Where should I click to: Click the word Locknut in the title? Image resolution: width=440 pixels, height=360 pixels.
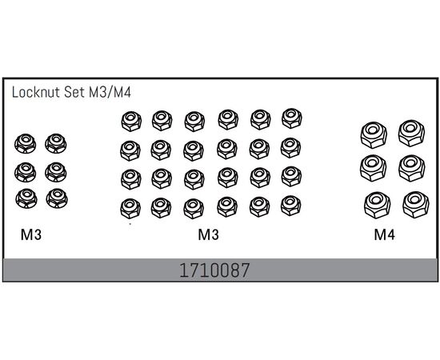36,92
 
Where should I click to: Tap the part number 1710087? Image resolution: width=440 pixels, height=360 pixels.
214,270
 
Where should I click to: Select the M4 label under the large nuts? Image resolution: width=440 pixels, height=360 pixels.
385,234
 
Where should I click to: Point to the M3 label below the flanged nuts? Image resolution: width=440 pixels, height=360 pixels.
31,234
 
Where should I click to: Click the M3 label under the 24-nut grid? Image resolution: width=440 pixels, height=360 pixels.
208,234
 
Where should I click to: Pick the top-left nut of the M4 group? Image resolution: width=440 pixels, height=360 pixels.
374,135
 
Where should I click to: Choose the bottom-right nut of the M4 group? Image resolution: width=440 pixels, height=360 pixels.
416,205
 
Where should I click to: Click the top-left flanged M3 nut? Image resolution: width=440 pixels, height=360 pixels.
26,143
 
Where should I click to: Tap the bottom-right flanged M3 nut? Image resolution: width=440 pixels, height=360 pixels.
57,198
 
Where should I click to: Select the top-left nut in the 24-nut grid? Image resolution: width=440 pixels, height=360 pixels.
131,122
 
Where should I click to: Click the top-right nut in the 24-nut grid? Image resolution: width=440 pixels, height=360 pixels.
292,118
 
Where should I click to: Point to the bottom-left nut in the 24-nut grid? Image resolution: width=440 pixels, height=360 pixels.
130,209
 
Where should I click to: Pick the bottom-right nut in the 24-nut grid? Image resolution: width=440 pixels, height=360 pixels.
291,206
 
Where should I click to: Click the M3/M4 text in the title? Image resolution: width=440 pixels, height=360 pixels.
110,92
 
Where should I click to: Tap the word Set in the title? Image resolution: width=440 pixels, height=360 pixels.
74,92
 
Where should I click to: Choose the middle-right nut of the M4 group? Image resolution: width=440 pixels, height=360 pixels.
412,168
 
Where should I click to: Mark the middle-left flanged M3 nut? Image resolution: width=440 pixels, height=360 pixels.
26,172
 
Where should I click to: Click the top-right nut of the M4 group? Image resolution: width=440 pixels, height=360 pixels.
411,134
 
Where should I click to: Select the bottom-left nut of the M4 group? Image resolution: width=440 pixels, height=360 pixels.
378,205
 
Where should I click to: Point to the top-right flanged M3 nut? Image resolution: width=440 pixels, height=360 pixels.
56,143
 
